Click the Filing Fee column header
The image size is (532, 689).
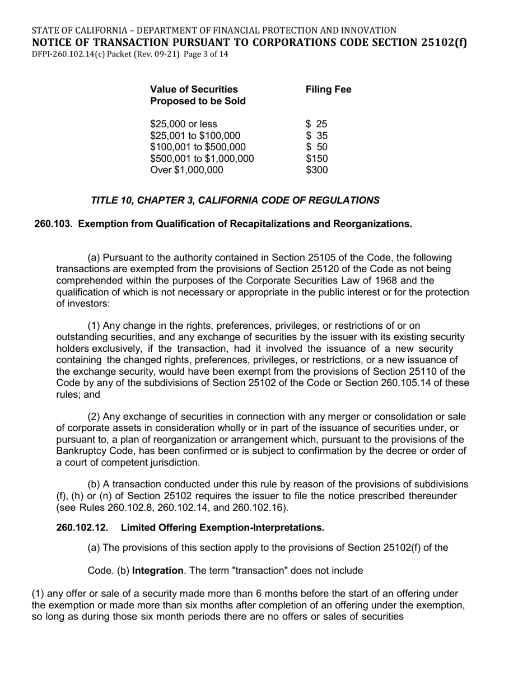click(x=328, y=90)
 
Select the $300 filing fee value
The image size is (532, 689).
click(x=316, y=170)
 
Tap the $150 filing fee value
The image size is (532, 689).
click(x=316, y=159)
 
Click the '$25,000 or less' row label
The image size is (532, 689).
click(x=184, y=124)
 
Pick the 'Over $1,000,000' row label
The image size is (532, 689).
click(x=186, y=170)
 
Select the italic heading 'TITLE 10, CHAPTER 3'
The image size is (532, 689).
click(x=235, y=200)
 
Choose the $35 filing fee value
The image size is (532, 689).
click(x=316, y=136)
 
